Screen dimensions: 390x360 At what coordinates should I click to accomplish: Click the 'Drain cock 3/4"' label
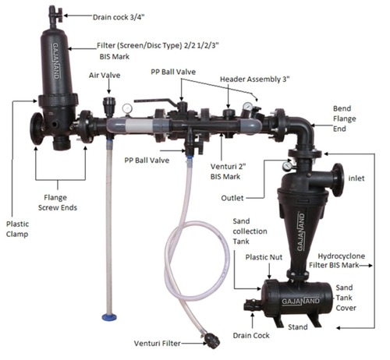tap(119, 17)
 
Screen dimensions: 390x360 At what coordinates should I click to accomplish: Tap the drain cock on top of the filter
tap(55, 16)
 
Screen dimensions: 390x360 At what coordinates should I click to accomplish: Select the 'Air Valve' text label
tap(105, 76)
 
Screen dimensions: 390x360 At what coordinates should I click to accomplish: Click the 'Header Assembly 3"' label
tap(255, 79)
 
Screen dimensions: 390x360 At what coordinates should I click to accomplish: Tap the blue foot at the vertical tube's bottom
tap(109, 317)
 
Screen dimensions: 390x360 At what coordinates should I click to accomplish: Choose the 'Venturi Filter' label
tap(158, 344)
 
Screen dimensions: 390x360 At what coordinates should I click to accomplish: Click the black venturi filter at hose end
tap(211, 341)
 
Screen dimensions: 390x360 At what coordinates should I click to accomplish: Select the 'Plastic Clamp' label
tap(17, 229)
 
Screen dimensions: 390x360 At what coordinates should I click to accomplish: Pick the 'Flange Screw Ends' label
tap(58, 203)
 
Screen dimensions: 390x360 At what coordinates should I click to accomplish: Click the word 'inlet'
tap(356, 178)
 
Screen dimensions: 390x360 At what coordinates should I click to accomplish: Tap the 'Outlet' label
tap(232, 198)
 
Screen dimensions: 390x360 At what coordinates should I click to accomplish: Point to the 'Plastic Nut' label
tap(264, 257)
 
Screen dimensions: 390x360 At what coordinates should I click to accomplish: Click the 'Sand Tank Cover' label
tap(346, 298)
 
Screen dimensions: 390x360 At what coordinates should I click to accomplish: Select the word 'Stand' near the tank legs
tap(298, 326)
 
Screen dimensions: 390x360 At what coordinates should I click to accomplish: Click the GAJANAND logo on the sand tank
tap(301, 302)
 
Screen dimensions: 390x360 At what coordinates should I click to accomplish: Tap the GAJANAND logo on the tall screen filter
tap(56, 61)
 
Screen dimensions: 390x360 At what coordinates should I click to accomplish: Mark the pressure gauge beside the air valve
tap(127, 108)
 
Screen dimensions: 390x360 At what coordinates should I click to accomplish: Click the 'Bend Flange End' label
tap(345, 118)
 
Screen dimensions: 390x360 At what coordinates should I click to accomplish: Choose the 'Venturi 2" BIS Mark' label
tap(228, 171)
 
